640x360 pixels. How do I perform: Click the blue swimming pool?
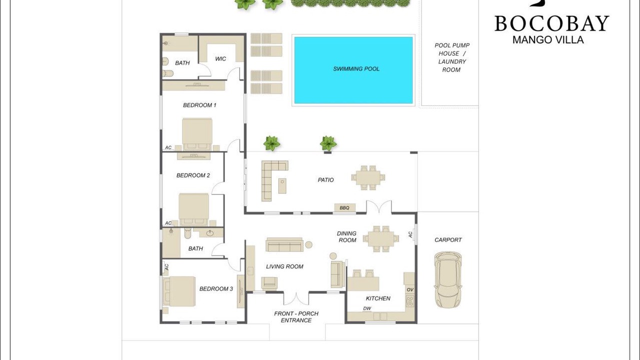pyautogui.click(x=353, y=70)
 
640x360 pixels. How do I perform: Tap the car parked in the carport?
pyautogui.click(x=447, y=280)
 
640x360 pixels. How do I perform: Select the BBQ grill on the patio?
pyautogui.click(x=345, y=207)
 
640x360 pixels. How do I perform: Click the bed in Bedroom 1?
pyautogui.click(x=197, y=134)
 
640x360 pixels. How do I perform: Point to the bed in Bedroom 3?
pyautogui.click(x=179, y=291)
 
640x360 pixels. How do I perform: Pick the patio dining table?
pyautogui.click(x=368, y=177)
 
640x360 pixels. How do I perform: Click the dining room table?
pyautogui.click(x=381, y=239)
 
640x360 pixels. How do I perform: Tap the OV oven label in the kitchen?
pyautogui.click(x=410, y=289)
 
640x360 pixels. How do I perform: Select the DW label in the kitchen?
pyautogui.click(x=367, y=308)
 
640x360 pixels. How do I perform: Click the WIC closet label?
pyautogui.click(x=220, y=59)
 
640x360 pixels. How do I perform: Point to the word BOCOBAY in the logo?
pyautogui.click(x=551, y=23)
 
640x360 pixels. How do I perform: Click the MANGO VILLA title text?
pyautogui.click(x=548, y=39)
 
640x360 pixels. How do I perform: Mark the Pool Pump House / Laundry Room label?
pyautogui.click(x=452, y=57)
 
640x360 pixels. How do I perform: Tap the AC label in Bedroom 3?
pyautogui.click(x=166, y=267)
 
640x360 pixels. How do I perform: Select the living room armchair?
pyautogui.click(x=269, y=283)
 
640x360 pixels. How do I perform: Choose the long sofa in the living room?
pyautogui.click(x=284, y=244)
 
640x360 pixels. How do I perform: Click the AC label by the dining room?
pyautogui.click(x=410, y=234)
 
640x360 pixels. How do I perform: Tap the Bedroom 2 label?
pyautogui.click(x=193, y=175)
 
